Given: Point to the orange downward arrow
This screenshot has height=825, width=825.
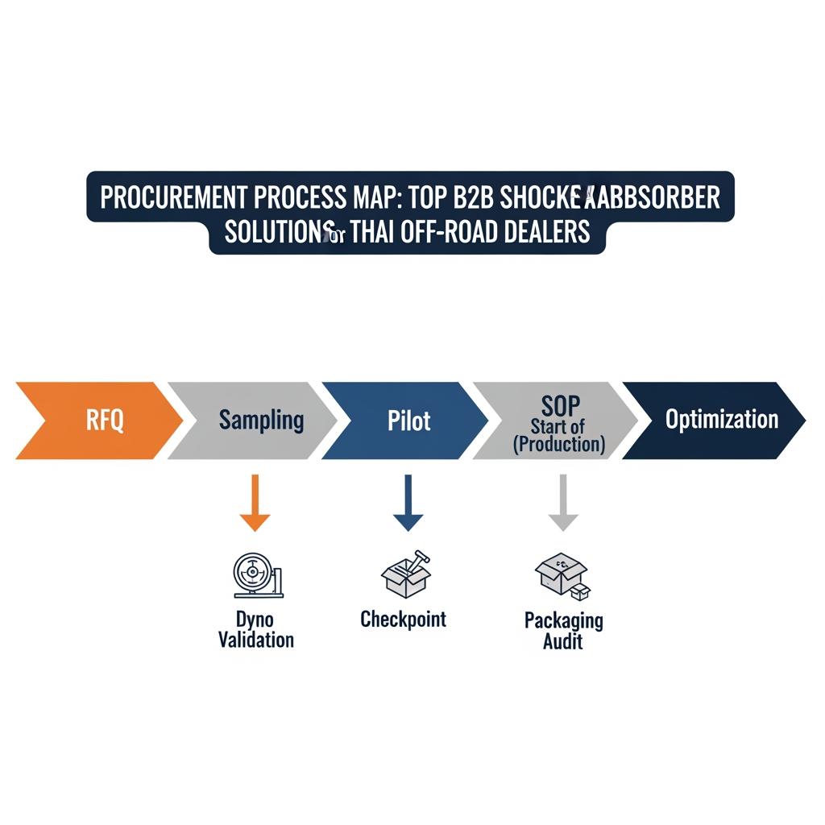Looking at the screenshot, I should point(255,503).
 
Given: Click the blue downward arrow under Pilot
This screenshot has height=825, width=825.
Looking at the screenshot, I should point(408,503).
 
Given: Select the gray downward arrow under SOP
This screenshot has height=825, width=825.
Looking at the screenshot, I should point(563,503).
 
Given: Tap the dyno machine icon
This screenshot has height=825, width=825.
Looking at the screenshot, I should point(256,575).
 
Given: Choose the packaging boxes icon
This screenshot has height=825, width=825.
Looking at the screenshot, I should point(562,576).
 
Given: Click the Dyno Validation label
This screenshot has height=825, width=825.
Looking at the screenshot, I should point(256,630).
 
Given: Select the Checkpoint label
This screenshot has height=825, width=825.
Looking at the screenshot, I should point(403,619).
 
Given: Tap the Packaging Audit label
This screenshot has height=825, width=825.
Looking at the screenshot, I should point(563,630).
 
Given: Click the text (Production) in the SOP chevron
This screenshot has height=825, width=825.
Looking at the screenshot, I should point(559,445).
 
